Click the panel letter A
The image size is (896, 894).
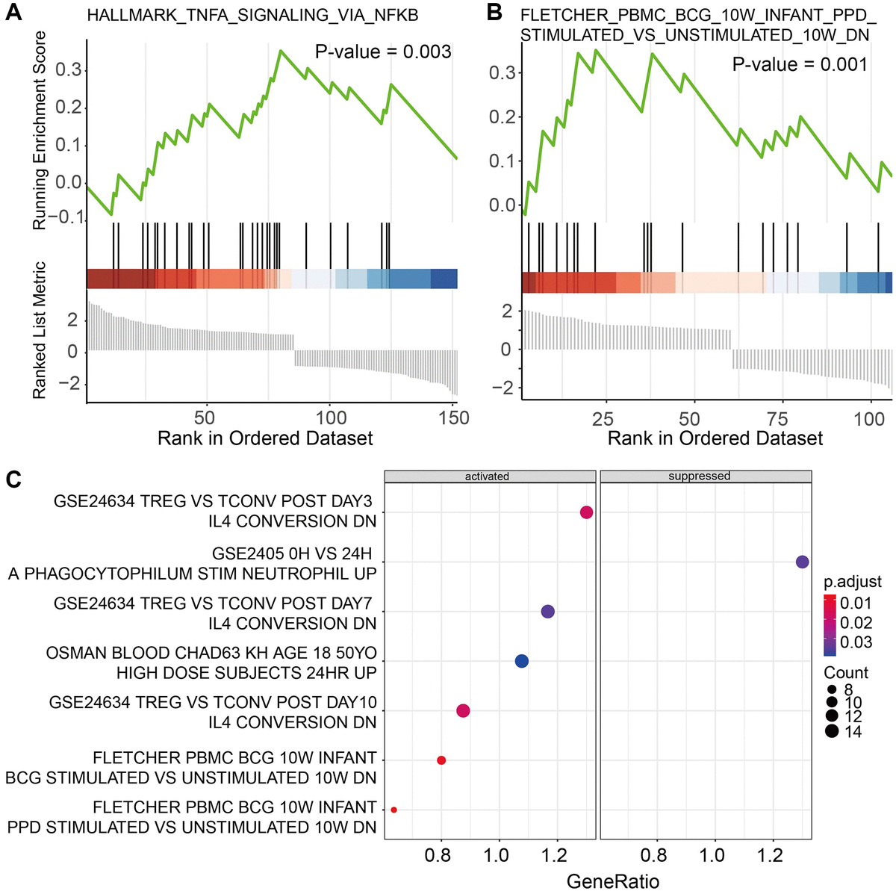(13, 13)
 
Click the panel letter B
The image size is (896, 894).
(494, 13)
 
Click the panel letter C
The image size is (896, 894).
(13, 479)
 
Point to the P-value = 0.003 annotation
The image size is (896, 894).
(383, 52)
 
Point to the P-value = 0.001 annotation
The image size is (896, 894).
(800, 64)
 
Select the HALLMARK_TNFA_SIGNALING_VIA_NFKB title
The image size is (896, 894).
(252, 15)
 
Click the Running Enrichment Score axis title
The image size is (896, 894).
(39, 131)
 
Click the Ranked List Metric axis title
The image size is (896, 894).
(39, 329)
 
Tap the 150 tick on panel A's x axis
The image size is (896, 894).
(453, 417)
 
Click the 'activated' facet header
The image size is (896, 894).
(487, 477)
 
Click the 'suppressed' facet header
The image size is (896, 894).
(699, 477)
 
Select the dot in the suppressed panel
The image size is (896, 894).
(802, 562)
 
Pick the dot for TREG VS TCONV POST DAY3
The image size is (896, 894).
(586, 512)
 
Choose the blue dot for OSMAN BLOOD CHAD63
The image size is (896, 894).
(522, 661)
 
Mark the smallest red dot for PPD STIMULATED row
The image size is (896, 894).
(393, 810)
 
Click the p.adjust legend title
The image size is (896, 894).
(853, 582)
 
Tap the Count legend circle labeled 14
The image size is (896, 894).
(832, 731)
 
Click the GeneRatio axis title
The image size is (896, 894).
(612, 881)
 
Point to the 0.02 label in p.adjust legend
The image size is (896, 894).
(856, 623)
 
